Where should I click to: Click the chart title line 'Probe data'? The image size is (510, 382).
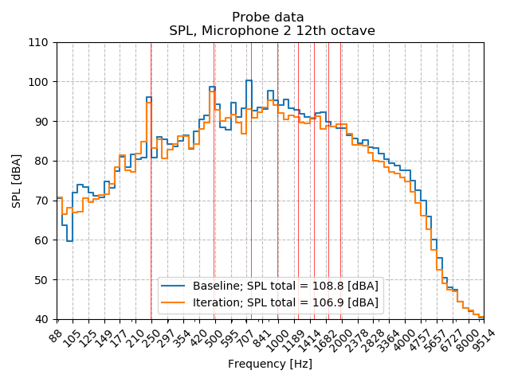tap(268, 17)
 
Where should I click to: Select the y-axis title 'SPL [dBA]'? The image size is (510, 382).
tap(17, 181)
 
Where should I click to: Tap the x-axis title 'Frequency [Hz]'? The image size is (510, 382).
tap(269, 364)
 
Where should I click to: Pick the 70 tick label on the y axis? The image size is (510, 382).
tap(41, 201)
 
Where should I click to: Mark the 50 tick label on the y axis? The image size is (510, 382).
tap(41, 279)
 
